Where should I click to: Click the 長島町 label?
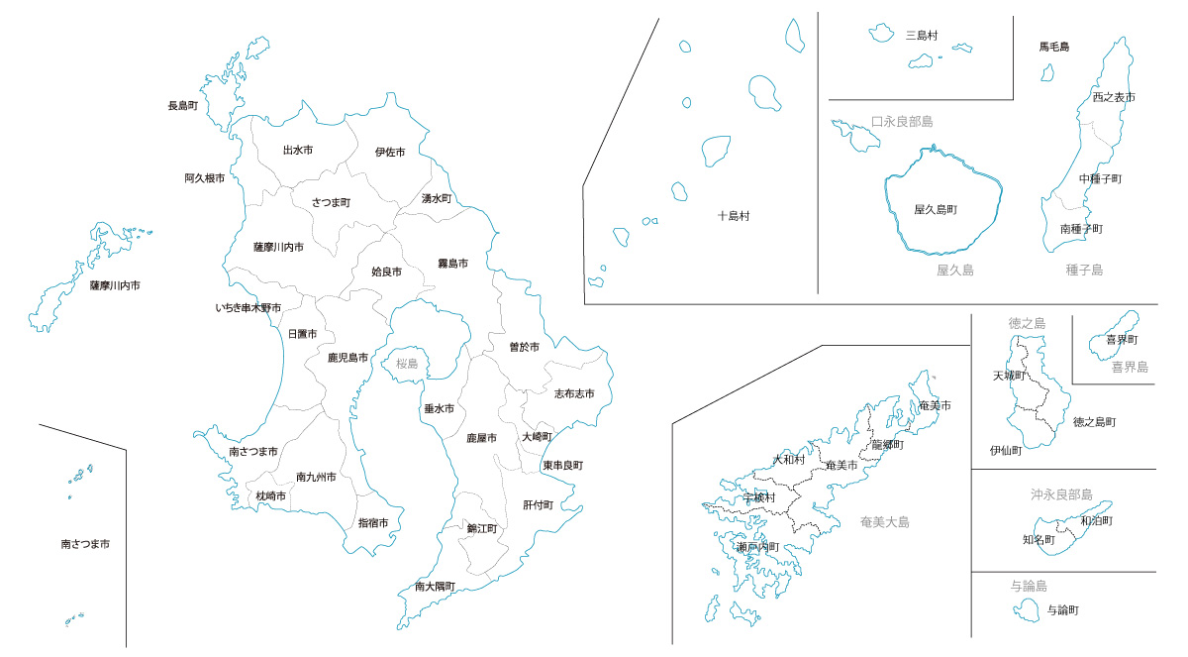coord(183,105)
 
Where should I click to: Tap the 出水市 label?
coord(298,151)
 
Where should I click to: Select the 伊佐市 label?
coord(390,153)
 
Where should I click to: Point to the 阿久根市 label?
coord(204,178)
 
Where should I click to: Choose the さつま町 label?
coord(331,202)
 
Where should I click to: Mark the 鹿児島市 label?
coord(347,358)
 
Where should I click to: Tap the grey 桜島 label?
coord(407,364)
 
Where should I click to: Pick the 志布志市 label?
coord(574,393)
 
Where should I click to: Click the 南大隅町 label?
coord(435,587)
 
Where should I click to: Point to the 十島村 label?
coord(734,216)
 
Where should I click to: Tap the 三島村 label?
coord(922,36)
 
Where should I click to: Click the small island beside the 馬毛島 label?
coord(1047,72)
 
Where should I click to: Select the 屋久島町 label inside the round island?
coord(941,210)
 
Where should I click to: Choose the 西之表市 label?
coord(1114,97)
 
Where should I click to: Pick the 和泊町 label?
coord(1096,520)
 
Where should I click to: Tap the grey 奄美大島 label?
coord(885,522)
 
